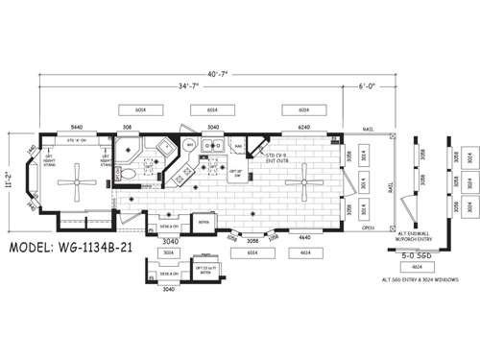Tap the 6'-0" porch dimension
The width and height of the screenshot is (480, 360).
pyautogui.click(x=367, y=86)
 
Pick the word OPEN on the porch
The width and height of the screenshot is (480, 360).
pyautogui.click(x=368, y=230)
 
